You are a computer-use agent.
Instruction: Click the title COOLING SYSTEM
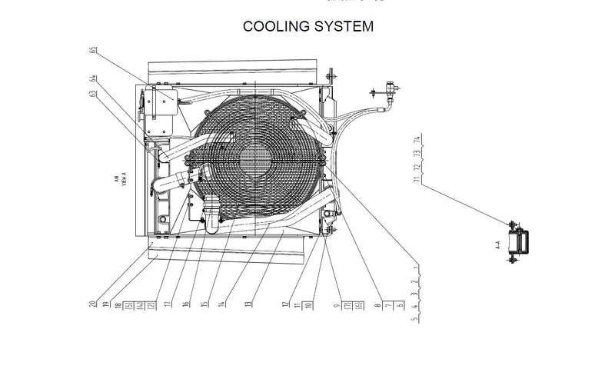[x=308, y=27]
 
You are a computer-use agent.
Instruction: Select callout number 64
[x=93, y=78]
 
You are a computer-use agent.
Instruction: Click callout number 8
[x=375, y=305]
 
